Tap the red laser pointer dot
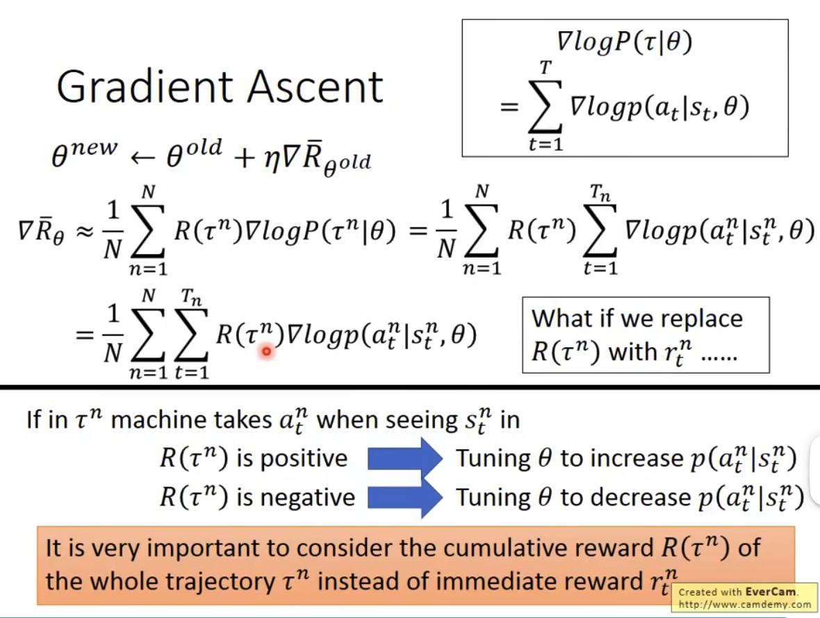point(265,352)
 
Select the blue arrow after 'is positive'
point(404,458)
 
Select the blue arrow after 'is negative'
point(404,496)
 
